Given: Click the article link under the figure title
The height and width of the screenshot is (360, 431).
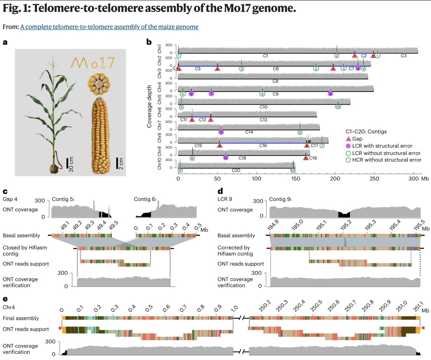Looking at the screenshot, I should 109,27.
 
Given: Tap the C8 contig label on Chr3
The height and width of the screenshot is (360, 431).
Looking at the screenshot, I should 275,81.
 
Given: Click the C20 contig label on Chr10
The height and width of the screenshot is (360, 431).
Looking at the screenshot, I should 236,170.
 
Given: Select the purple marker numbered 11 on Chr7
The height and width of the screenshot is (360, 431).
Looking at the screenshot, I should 221,132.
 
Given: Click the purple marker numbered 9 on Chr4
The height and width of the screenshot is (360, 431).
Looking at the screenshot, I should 330,93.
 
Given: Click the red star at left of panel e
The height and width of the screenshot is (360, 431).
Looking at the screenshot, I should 60,328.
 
